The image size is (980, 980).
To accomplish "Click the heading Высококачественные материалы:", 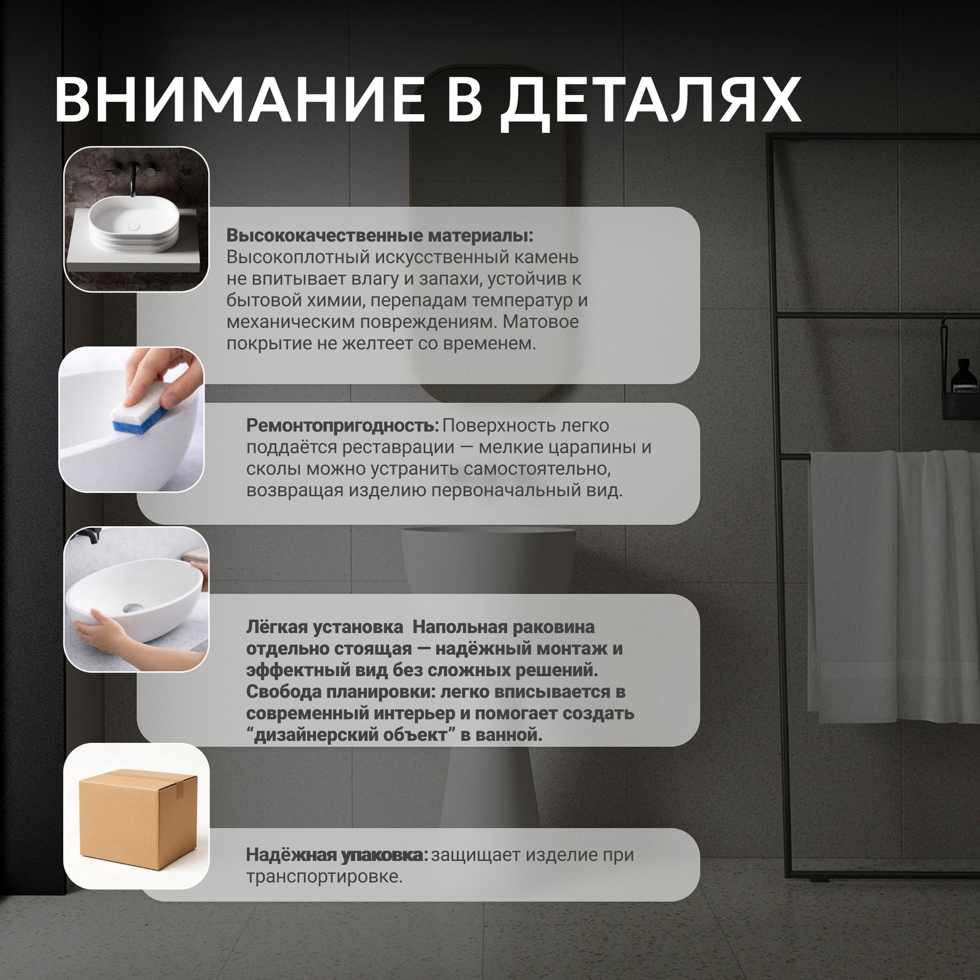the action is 380,236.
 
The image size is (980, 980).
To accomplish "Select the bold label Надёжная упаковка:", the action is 337,855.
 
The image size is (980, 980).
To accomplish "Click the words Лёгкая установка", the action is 325,627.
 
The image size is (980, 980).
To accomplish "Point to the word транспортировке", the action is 325,877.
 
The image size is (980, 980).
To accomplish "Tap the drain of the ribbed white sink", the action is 135,226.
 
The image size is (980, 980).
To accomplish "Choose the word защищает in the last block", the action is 477,856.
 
